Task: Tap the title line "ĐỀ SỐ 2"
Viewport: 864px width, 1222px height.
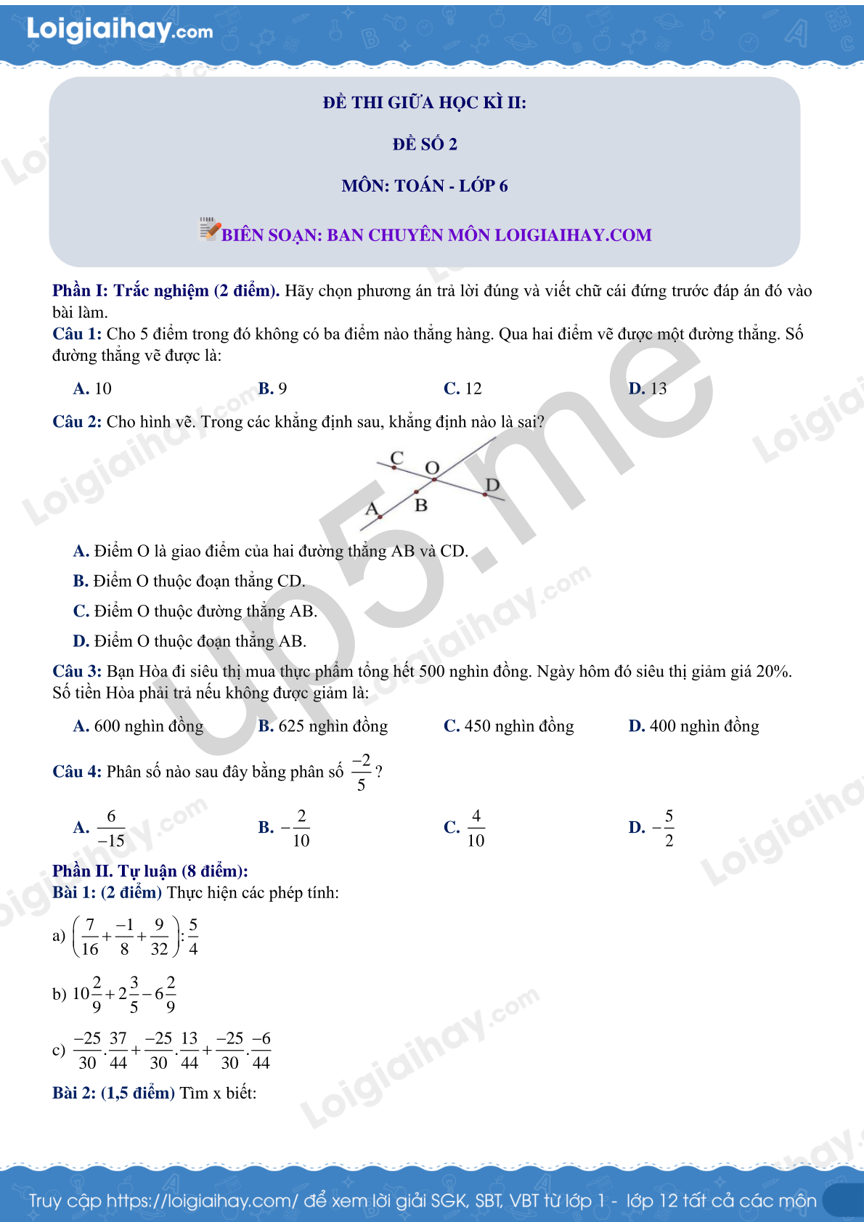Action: [425, 144]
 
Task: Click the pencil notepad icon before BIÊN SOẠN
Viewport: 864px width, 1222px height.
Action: [209, 229]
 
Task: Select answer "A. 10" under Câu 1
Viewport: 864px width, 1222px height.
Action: [92, 388]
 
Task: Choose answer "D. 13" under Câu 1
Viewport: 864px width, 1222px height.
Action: [648, 388]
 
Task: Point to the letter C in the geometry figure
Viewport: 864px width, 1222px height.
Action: [396, 458]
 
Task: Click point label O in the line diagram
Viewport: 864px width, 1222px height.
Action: [433, 468]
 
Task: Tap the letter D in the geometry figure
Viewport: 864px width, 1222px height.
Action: [492, 484]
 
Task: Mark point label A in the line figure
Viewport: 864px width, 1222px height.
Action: [372, 508]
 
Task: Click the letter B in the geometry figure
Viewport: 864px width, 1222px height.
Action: [421, 505]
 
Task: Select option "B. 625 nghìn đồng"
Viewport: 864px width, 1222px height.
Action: [322, 726]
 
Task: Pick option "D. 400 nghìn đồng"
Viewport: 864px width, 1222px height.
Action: [693, 726]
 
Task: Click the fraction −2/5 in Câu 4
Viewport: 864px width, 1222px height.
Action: [361, 772]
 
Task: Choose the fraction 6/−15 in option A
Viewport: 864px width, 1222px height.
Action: [111, 828]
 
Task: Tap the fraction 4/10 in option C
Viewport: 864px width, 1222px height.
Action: [476, 828]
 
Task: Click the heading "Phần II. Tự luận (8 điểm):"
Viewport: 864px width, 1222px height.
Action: [150, 871]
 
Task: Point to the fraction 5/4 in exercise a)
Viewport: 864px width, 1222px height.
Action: [193, 937]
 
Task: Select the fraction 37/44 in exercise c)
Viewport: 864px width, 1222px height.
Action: [118, 1051]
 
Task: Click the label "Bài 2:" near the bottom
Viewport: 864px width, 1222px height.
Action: [74, 1093]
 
